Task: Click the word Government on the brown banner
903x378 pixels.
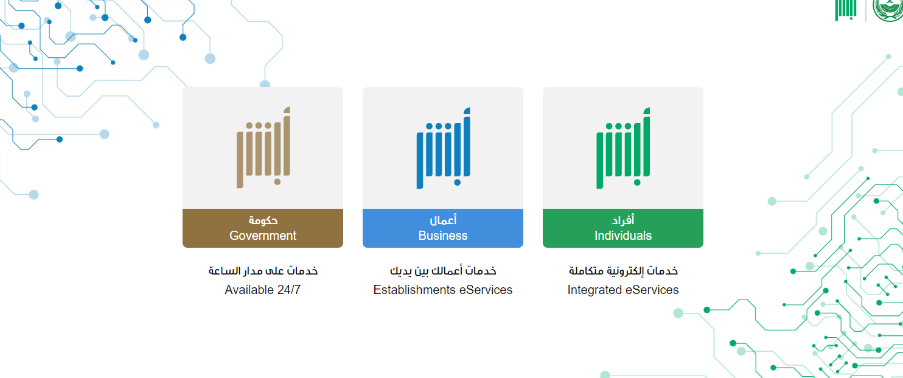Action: [x=263, y=236]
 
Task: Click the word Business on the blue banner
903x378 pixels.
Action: [x=442, y=236]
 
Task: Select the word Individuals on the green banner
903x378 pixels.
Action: [x=623, y=236]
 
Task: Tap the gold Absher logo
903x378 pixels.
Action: [x=263, y=148]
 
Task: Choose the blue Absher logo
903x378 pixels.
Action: [x=443, y=148]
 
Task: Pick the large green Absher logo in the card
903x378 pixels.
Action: [x=623, y=148]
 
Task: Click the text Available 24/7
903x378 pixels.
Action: [x=262, y=290]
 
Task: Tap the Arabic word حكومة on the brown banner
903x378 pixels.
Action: [x=263, y=220]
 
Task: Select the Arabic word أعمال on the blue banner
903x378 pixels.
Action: [x=443, y=220]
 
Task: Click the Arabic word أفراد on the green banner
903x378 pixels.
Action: [x=623, y=220]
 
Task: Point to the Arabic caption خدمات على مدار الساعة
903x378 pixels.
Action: [x=263, y=271]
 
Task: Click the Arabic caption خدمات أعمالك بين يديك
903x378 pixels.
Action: [x=442, y=271]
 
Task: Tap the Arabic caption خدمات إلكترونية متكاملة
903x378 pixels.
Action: [x=623, y=271]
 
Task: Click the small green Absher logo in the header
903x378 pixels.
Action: [x=846, y=10]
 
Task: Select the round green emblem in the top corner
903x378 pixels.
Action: [x=888, y=10]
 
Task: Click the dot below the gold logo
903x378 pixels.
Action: [x=277, y=182]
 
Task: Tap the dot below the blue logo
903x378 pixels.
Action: [x=457, y=183]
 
